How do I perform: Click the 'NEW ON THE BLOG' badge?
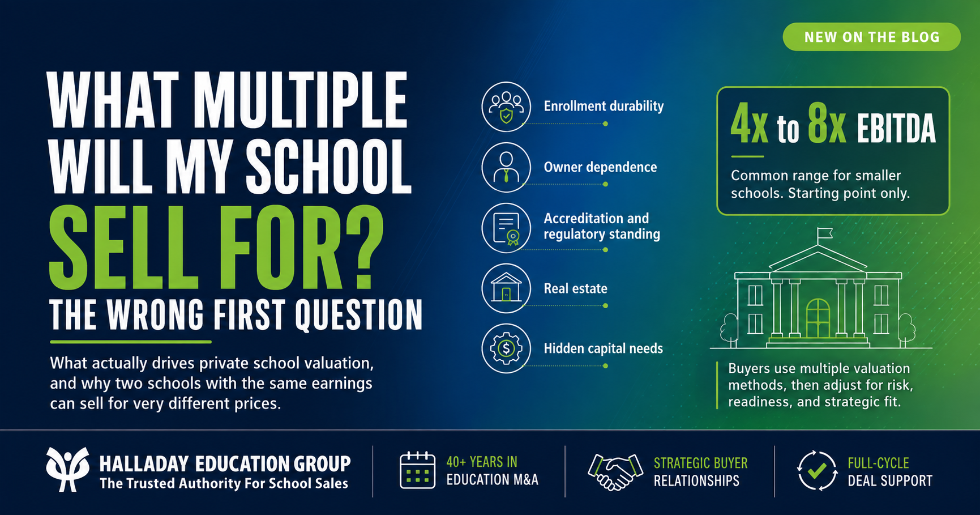tap(871, 37)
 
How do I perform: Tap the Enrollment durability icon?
tap(506, 107)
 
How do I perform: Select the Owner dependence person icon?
tap(506, 168)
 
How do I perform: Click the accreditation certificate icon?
tap(506, 228)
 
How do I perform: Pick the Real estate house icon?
tap(506, 288)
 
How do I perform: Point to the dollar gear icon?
tap(506, 348)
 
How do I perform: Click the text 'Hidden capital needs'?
tap(604, 348)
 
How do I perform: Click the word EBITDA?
tap(896, 129)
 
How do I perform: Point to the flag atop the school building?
tap(825, 233)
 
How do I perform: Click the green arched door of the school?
tap(818, 318)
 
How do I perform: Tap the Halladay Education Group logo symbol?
tap(67, 469)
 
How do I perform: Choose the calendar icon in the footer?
tap(417, 470)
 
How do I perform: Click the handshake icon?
tap(616, 471)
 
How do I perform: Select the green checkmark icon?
tap(817, 470)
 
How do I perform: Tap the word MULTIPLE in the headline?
tap(301, 101)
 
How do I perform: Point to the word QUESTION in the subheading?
tap(358, 315)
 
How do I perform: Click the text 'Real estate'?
tap(576, 288)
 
